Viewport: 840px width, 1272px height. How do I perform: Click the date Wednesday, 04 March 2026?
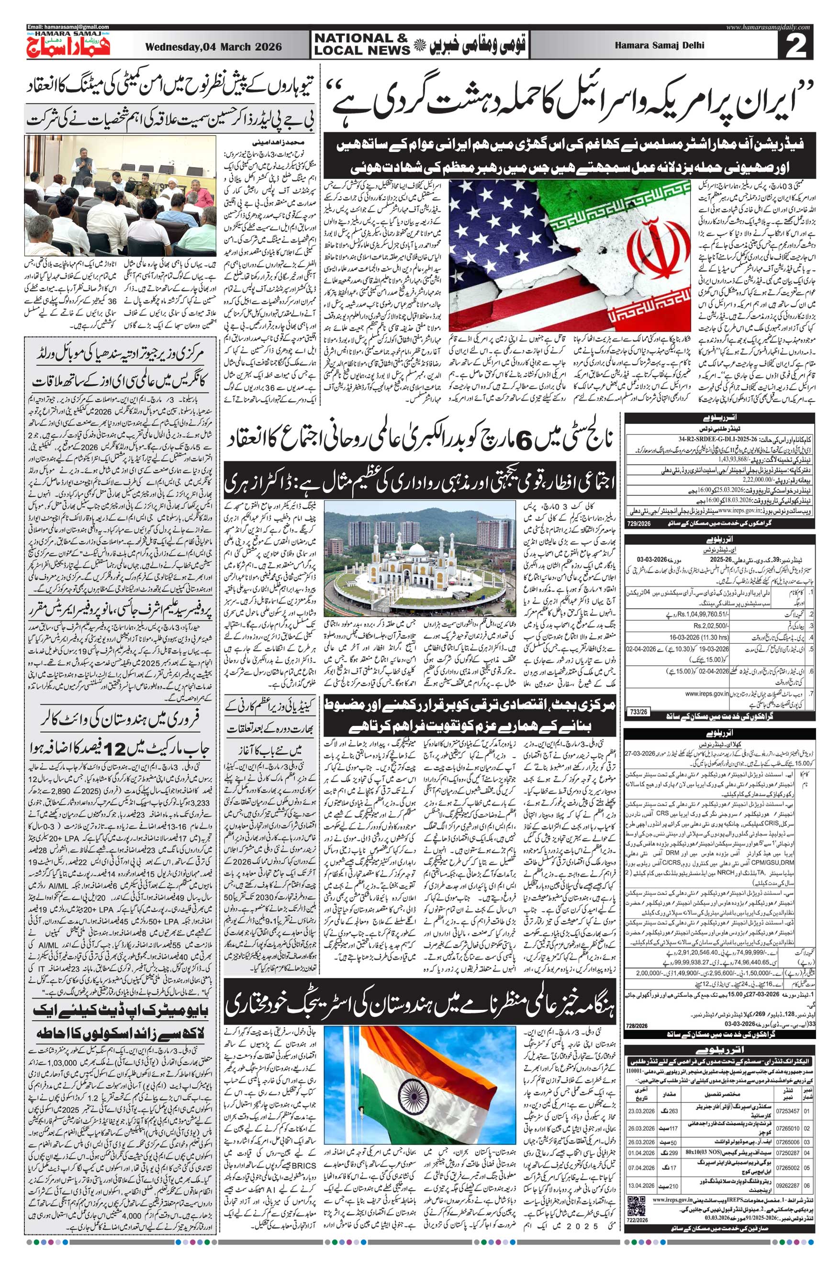pos(213,47)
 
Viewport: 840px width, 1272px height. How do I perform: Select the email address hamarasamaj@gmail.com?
pos(68,27)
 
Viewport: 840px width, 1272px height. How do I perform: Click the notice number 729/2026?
pos(637,523)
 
